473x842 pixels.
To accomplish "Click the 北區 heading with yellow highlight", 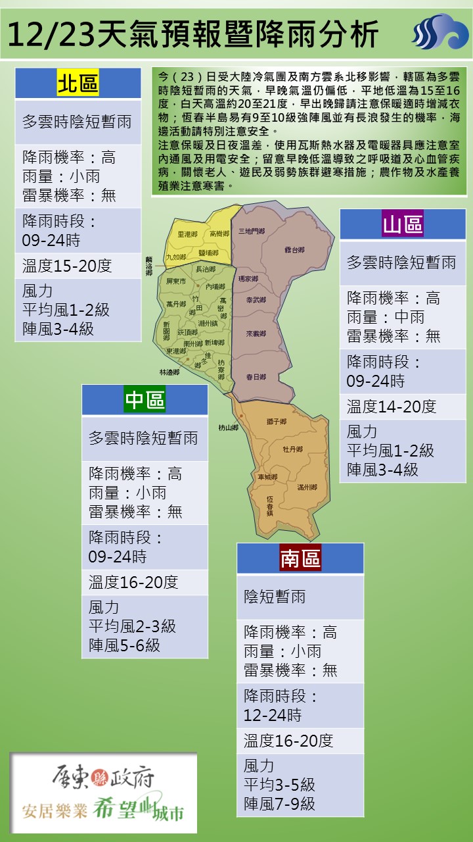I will pyautogui.click(x=78, y=84).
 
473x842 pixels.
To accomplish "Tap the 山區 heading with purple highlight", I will pyautogui.click(x=403, y=224).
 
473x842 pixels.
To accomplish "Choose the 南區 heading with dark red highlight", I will pyautogui.click(x=300, y=558).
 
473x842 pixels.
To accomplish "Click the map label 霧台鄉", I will pyautogui.click(x=294, y=251).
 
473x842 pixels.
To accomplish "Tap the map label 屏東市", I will pyautogui.click(x=177, y=281).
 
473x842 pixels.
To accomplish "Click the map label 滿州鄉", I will pyautogui.click(x=307, y=487).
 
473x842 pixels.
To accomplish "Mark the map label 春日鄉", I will pyautogui.click(x=256, y=377).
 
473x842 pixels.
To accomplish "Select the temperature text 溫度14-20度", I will pyautogui.click(x=392, y=407).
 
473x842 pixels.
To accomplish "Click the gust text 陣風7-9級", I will pyautogui.click(x=279, y=803).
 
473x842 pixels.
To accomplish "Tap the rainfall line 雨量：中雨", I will pyautogui.click(x=386, y=318).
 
